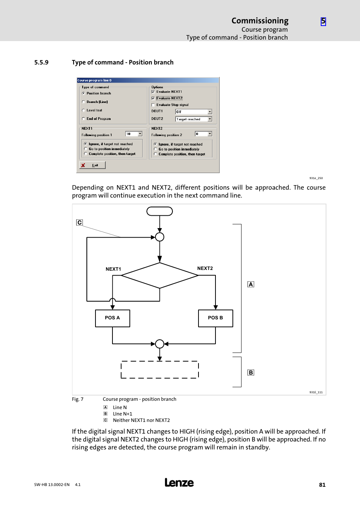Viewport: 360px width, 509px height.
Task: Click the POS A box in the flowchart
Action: tap(112, 318)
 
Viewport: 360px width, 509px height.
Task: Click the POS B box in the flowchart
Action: tap(215, 318)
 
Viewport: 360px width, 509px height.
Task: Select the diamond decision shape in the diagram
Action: tap(160, 276)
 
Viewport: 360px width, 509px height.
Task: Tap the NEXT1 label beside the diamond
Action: tap(113, 269)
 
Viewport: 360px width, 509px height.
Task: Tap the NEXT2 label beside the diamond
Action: tap(205, 268)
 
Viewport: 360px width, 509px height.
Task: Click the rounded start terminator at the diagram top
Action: tap(160, 211)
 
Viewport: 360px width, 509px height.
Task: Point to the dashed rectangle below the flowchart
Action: tap(160, 369)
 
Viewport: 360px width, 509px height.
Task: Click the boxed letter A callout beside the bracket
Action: tap(251, 284)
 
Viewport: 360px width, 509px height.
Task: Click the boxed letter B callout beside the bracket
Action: tap(251, 373)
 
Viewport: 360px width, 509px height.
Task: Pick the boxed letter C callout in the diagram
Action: tap(79, 222)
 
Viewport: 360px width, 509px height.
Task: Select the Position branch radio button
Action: tap(83, 94)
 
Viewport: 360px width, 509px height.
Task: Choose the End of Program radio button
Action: tap(83, 119)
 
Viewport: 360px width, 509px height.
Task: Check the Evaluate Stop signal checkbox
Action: tap(153, 105)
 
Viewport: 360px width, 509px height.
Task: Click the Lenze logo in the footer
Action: tap(179, 483)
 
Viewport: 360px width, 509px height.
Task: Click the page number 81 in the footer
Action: tap(322, 485)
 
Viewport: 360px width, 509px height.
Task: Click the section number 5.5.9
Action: tap(42, 63)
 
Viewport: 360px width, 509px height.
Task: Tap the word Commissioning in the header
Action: tap(260, 21)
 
